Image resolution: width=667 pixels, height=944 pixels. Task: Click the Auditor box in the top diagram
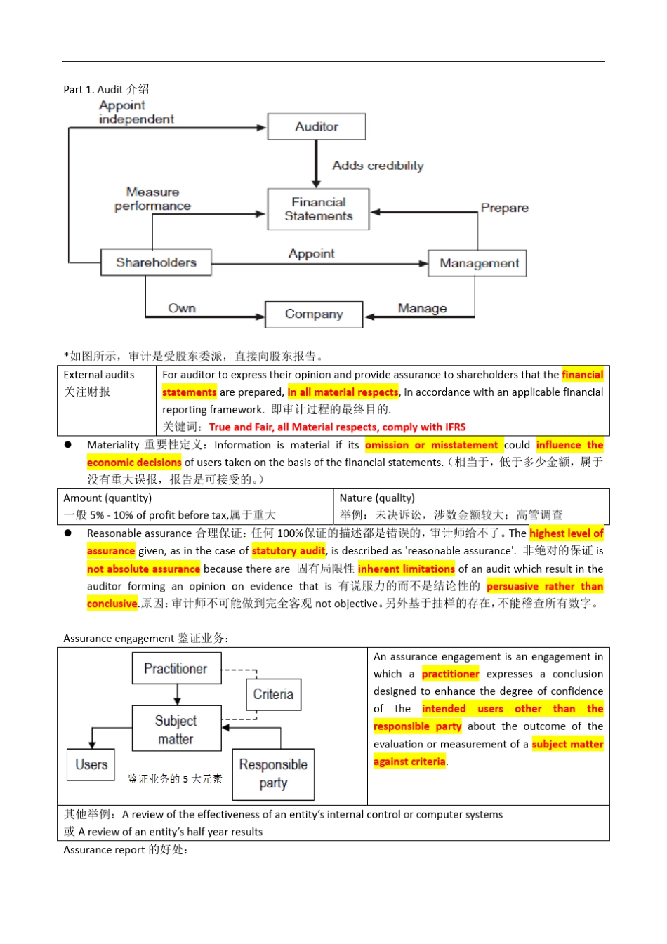tap(316, 126)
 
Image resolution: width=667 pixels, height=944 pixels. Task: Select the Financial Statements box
tap(318, 209)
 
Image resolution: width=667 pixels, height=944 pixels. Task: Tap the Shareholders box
tap(156, 262)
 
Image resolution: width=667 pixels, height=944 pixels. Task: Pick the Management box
tap(477, 263)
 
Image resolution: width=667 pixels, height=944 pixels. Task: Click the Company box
tap(314, 314)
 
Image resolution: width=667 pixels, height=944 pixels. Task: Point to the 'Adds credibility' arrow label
tap(378, 166)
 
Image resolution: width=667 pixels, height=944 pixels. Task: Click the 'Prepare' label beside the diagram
tap(504, 208)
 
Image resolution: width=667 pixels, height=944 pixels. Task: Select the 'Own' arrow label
tap(182, 308)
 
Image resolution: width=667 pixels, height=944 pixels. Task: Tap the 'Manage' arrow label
tap(422, 308)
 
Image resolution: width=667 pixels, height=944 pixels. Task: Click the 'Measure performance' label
tap(152, 199)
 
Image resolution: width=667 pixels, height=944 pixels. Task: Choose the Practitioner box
tap(177, 668)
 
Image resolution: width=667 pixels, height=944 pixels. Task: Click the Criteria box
tap(274, 694)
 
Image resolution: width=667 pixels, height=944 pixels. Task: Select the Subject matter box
tap(177, 729)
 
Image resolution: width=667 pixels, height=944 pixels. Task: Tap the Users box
tap(91, 764)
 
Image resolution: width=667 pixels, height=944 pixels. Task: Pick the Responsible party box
tap(273, 774)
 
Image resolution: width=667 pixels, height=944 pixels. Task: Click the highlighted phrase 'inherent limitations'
tap(406, 569)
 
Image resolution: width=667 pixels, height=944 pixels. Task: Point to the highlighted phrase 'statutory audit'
tap(289, 550)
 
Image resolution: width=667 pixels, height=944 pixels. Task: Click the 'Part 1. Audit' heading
tap(106, 89)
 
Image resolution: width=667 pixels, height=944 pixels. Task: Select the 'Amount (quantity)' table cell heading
tap(107, 498)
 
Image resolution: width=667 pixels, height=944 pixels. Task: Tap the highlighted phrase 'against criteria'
tap(409, 761)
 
